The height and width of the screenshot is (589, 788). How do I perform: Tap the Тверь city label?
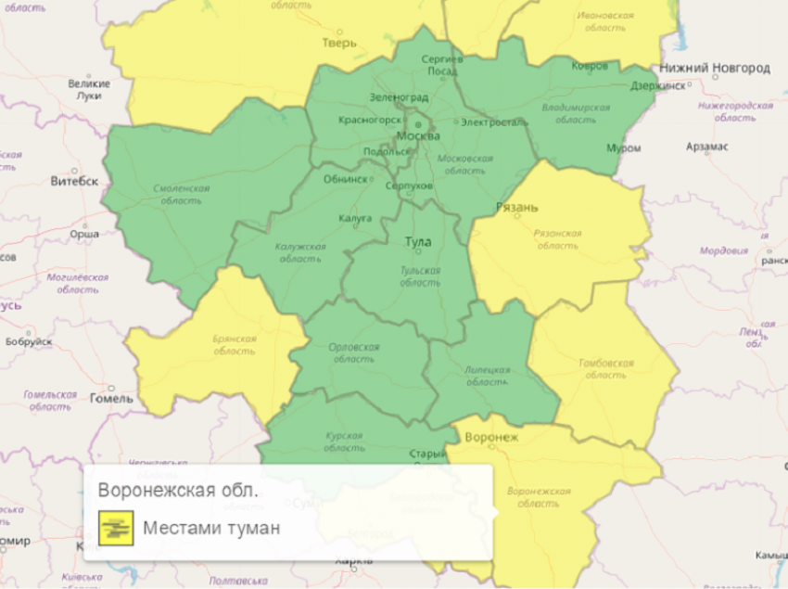pyautogui.click(x=339, y=43)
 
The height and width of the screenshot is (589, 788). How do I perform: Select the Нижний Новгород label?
pyautogui.click(x=715, y=69)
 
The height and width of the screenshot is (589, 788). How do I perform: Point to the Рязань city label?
pyautogui.click(x=516, y=207)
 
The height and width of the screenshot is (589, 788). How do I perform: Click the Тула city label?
pyautogui.click(x=418, y=242)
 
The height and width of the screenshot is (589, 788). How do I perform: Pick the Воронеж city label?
pyautogui.click(x=492, y=437)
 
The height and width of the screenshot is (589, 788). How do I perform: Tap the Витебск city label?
pyautogui.click(x=74, y=181)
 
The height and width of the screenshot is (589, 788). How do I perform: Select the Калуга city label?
pyautogui.click(x=355, y=218)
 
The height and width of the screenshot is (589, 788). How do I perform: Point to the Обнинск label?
pyautogui.click(x=346, y=180)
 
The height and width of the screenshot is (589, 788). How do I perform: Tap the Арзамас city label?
pyautogui.click(x=707, y=147)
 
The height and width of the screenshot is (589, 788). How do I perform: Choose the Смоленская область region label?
pyautogui.click(x=181, y=194)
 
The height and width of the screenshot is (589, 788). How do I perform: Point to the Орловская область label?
pyautogui.click(x=354, y=352)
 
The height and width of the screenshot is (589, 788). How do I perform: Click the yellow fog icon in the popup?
pyautogui.click(x=116, y=529)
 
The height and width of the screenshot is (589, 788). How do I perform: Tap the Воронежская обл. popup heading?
pyautogui.click(x=178, y=490)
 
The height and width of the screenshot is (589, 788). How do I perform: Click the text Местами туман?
pyautogui.click(x=211, y=529)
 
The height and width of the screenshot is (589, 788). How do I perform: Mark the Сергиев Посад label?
pyautogui.click(x=441, y=65)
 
